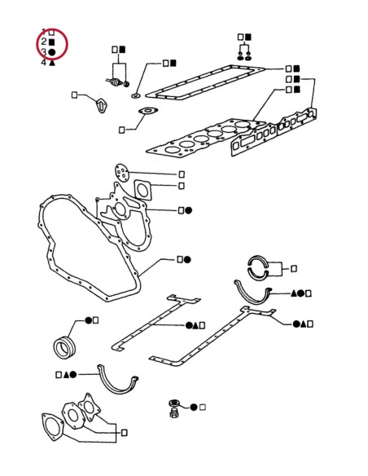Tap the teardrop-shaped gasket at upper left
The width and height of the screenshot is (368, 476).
coord(101,106)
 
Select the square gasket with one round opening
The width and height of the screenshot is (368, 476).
coord(143,189)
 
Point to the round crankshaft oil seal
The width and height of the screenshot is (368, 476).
coord(64,346)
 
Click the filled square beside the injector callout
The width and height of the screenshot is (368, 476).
coord(121,50)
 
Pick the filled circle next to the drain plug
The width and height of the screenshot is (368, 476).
coord(195,406)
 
